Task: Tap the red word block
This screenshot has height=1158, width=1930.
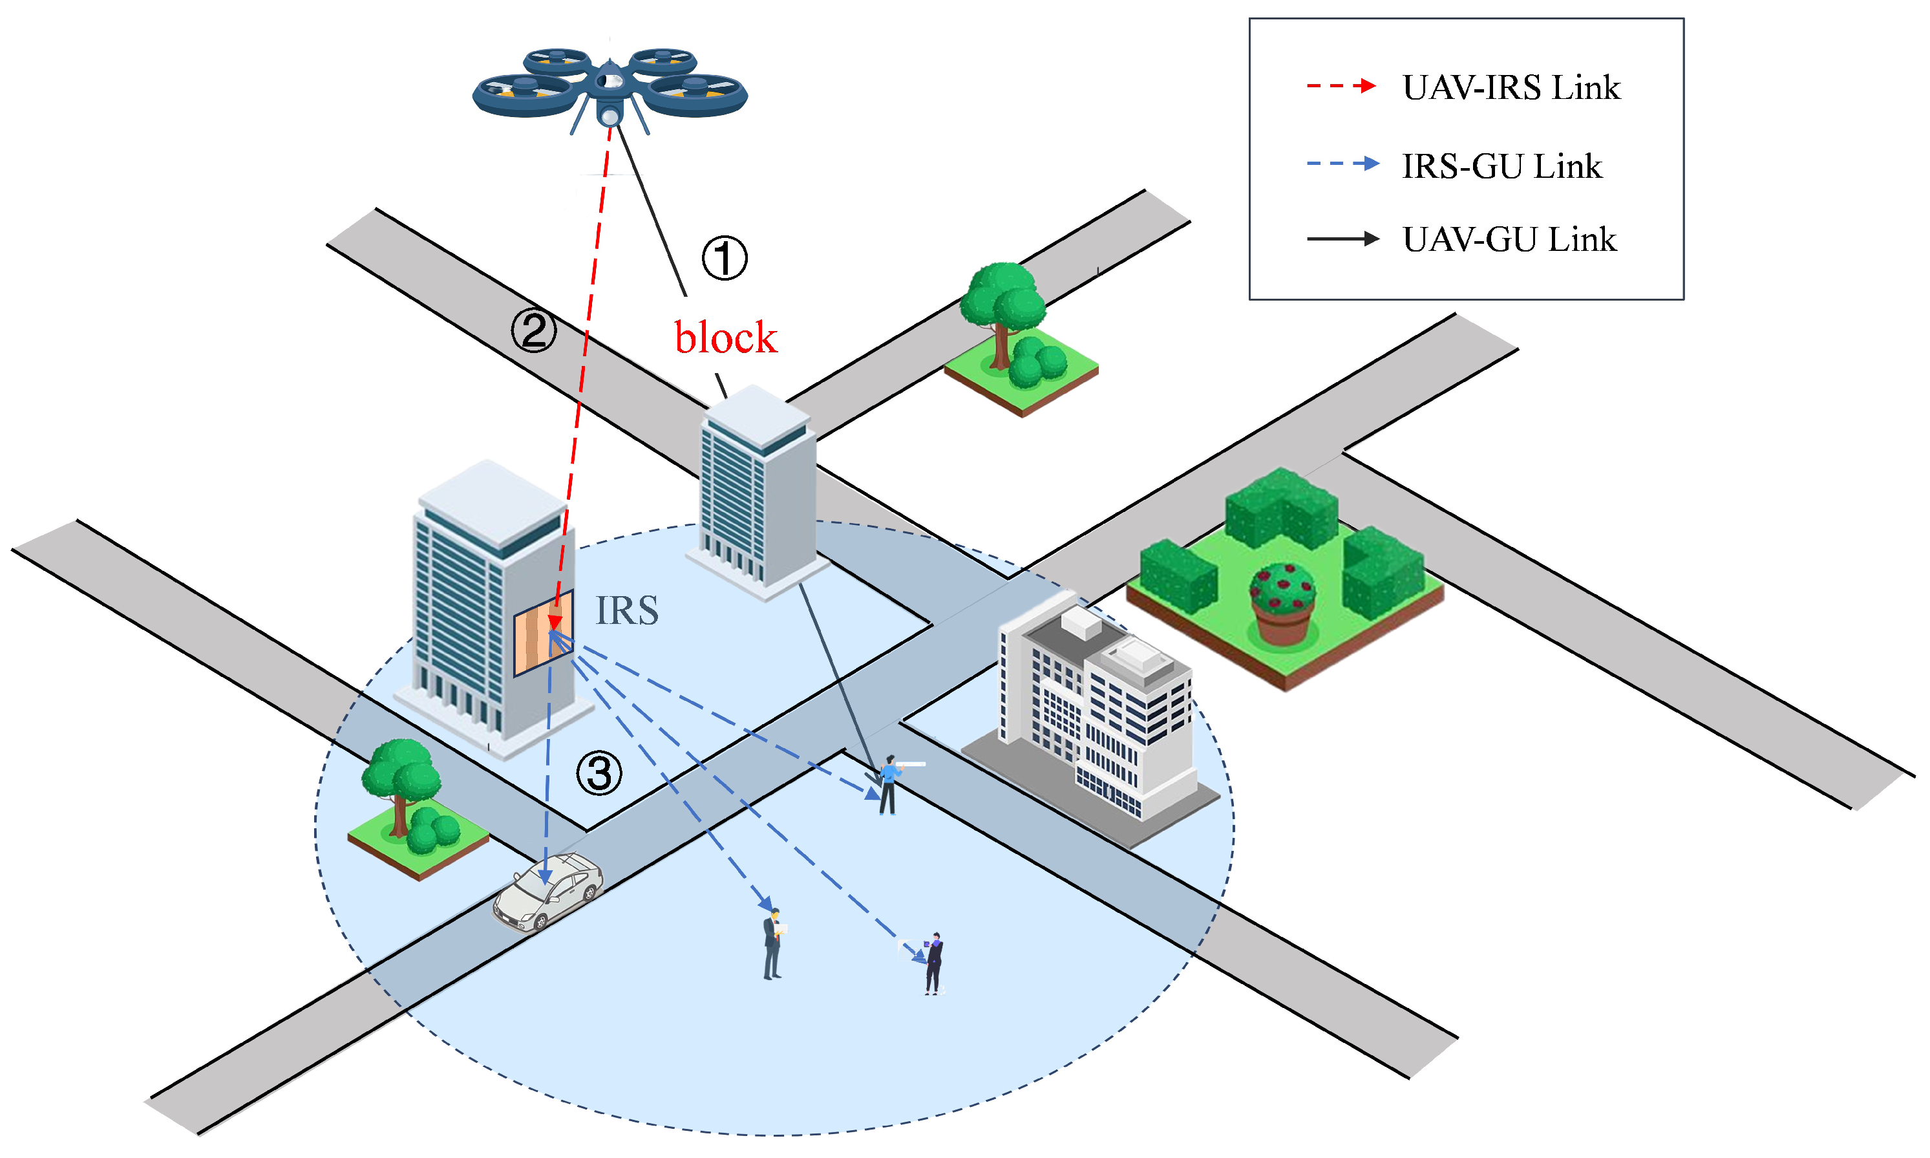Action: click(x=725, y=338)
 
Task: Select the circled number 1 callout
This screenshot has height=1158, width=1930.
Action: click(x=724, y=258)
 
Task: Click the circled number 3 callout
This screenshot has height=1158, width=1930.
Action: click(x=599, y=773)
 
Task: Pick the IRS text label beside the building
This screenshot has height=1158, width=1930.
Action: click(x=626, y=610)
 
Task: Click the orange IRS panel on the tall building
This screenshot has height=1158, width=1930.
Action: click(x=543, y=632)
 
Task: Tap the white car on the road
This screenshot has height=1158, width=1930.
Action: click(x=547, y=891)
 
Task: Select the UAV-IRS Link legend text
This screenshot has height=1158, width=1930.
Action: click(x=1511, y=87)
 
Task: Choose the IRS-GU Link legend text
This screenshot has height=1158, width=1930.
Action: click(x=1501, y=166)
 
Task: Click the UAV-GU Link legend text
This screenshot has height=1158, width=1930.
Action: click(x=1509, y=240)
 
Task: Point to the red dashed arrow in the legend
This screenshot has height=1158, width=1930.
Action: click(x=1341, y=86)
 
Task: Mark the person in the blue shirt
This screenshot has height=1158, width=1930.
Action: click(x=888, y=784)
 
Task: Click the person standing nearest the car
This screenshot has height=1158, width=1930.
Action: click(x=772, y=944)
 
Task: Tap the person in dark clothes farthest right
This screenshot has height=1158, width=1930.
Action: click(x=933, y=963)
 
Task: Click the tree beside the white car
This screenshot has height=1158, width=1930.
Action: click(x=403, y=788)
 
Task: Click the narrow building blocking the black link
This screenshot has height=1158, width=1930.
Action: click(x=757, y=491)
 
